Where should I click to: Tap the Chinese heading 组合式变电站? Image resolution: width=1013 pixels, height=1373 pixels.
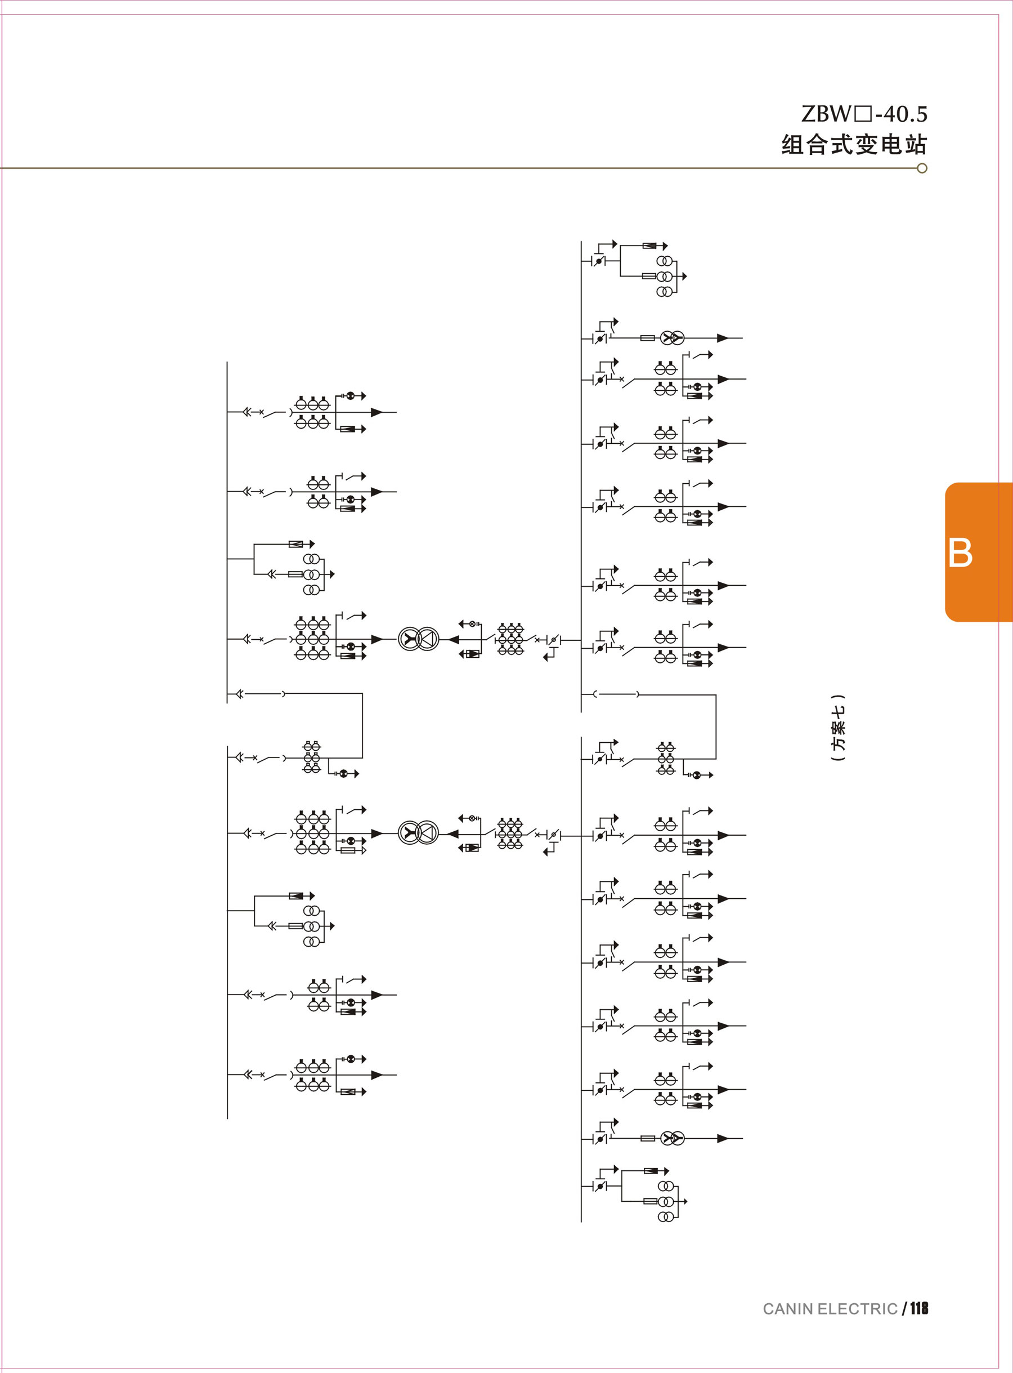click(854, 145)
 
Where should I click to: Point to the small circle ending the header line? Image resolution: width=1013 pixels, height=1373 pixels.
click(922, 168)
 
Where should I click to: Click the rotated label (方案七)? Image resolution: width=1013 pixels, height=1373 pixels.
click(837, 728)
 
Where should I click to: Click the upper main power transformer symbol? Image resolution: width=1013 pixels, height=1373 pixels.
click(419, 639)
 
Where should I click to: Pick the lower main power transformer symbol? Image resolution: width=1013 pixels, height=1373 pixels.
click(419, 833)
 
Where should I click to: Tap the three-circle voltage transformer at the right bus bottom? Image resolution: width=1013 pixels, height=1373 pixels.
click(666, 1201)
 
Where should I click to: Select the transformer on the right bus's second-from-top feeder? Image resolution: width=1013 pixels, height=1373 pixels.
click(672, 338)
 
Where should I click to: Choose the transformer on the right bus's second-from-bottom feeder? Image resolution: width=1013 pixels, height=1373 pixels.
click(672, 1139)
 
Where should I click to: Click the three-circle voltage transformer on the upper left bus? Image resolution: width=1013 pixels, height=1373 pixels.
click(312, 574)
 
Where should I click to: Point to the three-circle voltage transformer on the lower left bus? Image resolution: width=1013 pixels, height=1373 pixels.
click(312, 926)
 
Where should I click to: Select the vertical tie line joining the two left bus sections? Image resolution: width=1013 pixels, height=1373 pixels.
click(362, 725)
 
